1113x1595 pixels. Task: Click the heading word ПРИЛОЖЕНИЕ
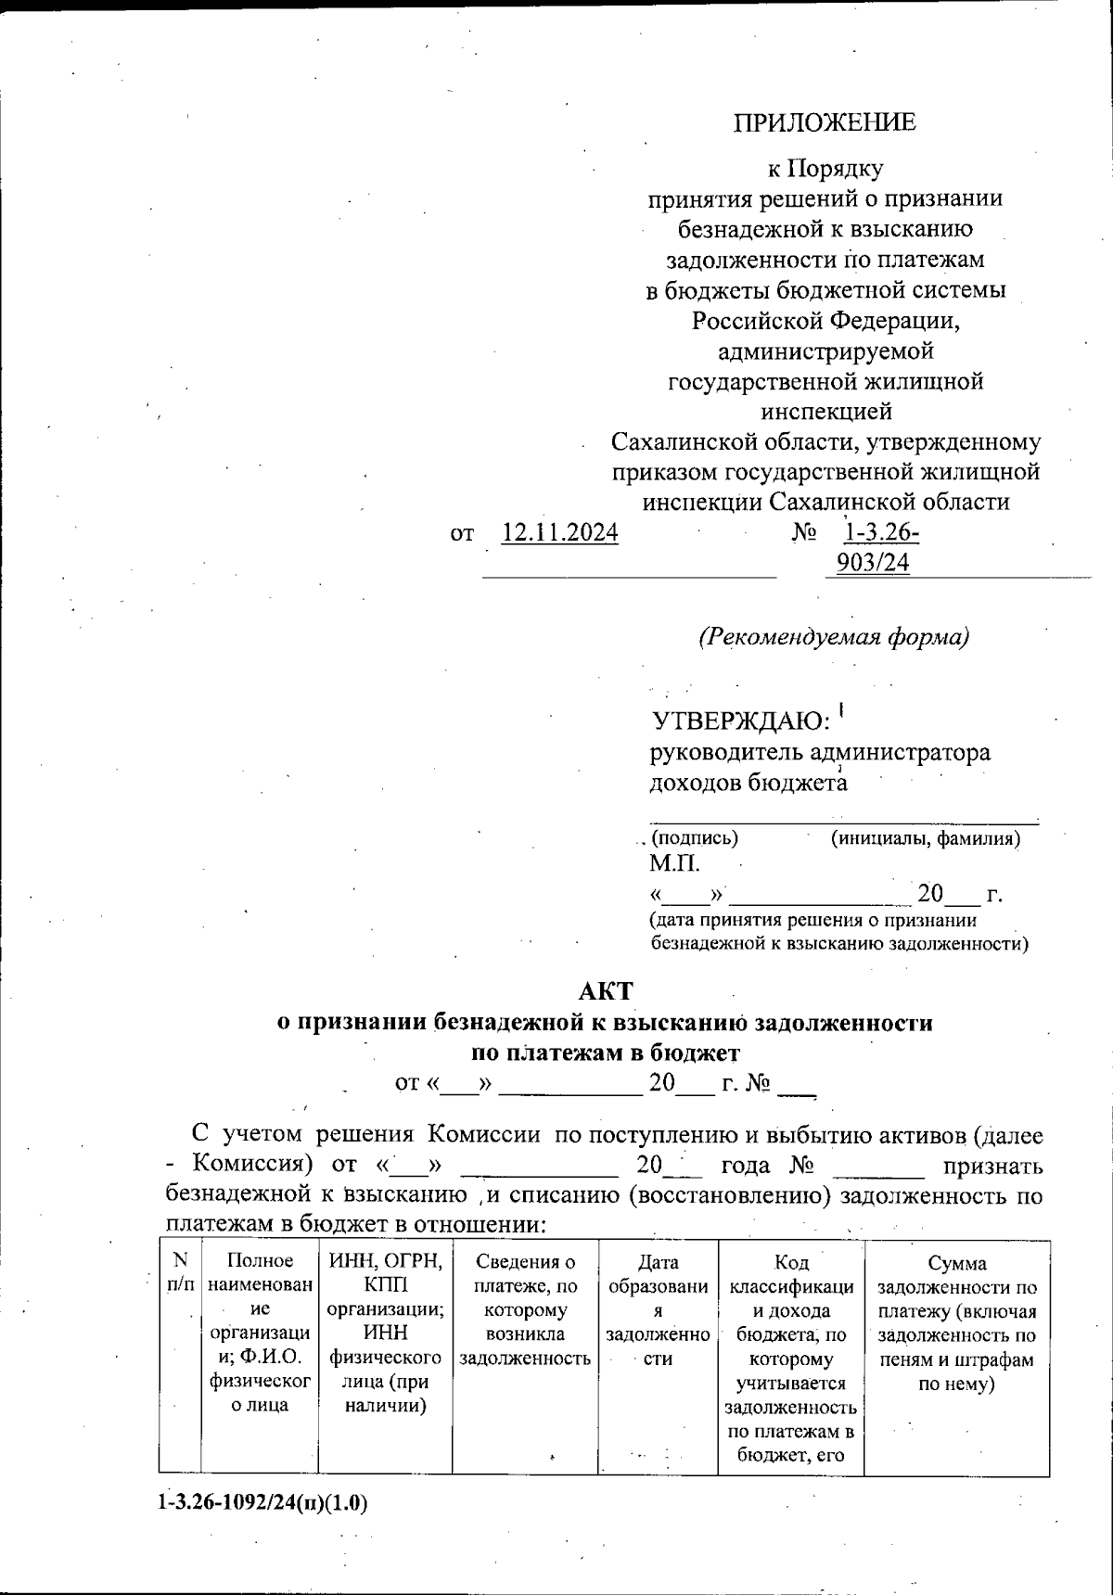tap(825, 122)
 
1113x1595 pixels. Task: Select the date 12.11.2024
tap(559, 533)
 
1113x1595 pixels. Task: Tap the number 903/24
tap(873, 563)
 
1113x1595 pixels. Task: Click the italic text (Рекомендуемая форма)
tap(833, 637)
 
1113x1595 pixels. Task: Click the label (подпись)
tap(695, 838)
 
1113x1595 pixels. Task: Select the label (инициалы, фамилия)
tap(926, 838)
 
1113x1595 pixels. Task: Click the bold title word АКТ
tap(605, 991)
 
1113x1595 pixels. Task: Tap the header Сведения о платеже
tap(525, 1308)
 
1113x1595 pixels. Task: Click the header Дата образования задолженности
tap(658, 1308)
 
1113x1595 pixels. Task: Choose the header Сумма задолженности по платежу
tap(956, 1321)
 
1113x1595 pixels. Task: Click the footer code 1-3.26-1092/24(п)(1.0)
tap(262, 1503)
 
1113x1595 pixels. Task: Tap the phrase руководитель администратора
tap(819, 752)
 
